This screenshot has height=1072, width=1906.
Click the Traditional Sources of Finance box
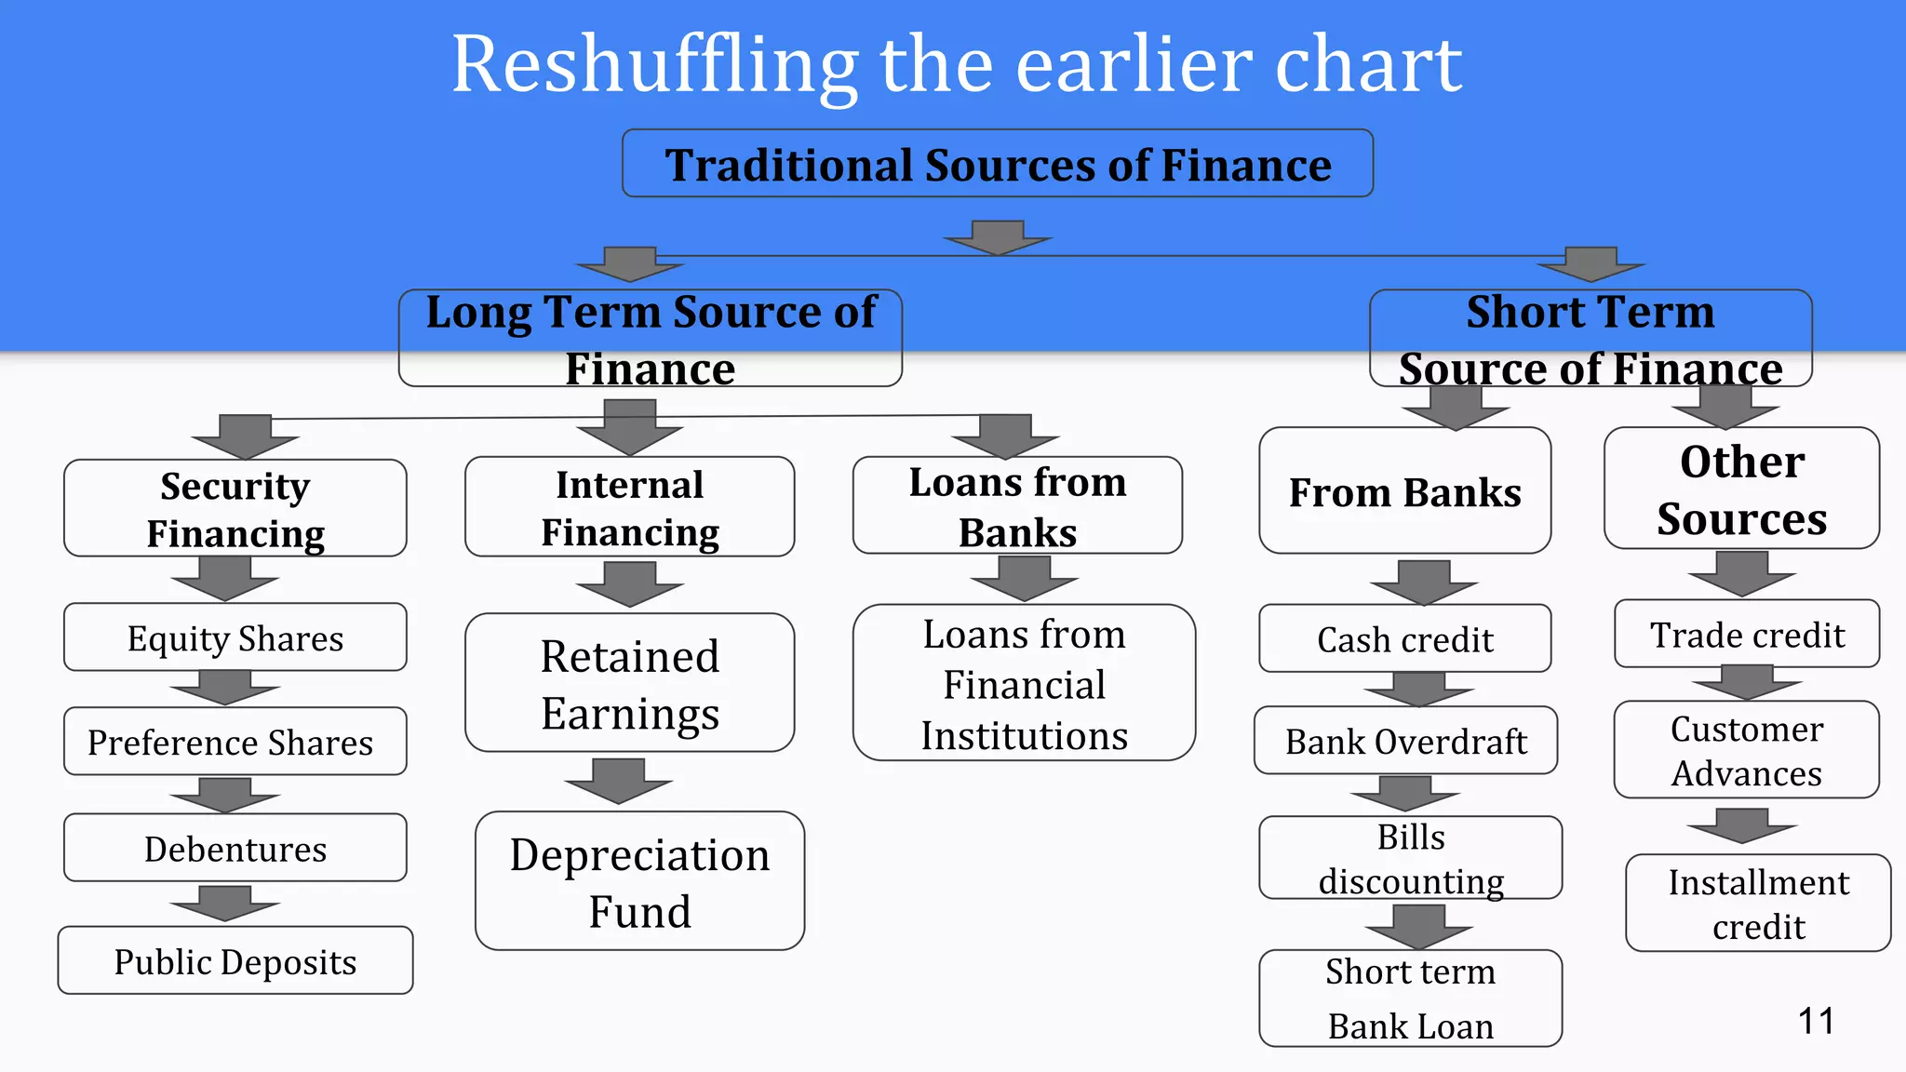tap(997, 164)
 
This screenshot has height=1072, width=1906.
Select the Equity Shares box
tap(235, 637)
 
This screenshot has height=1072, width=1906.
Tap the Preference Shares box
tap(235, 742)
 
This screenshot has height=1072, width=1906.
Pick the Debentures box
tap(235, 848)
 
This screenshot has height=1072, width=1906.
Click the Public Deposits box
tap(235, 960)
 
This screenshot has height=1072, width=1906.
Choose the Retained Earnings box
tap(630, 683)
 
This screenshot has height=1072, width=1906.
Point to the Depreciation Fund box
tap(639, 881)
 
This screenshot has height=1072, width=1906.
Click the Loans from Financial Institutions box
tap(1024, 683)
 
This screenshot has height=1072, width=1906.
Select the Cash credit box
tap(1404, 638)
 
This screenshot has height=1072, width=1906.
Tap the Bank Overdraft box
tap(1405, 741)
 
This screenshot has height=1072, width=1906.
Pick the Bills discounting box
tap(1410, 858)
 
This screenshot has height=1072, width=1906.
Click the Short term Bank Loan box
tap(1410, 998)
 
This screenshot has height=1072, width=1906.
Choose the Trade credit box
tap(1747, 634)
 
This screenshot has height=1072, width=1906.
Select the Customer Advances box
tap(1746, 750)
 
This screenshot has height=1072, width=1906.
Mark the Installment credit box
tap(1758, 903)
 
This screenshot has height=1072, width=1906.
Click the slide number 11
tap(1816, 1021)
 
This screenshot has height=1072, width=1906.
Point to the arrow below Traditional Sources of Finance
tap(998, 238)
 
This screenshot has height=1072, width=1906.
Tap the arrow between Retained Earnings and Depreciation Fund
tap(619, 781)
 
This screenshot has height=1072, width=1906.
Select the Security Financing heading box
tap(235, 508)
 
